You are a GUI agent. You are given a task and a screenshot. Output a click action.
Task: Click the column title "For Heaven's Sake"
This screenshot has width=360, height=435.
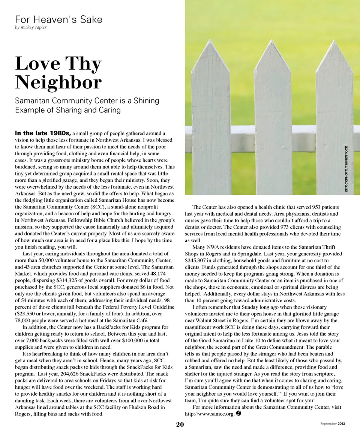(58, 19)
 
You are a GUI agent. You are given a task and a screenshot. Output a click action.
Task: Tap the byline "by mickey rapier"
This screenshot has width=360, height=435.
(31, 27)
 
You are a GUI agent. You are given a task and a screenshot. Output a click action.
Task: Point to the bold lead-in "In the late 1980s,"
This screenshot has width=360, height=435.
(43, 133)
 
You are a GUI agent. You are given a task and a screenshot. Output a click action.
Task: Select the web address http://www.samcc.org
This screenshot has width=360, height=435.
(210, 414)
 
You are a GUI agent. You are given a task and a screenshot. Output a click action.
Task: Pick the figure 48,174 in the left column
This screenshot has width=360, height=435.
(151, 273)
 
